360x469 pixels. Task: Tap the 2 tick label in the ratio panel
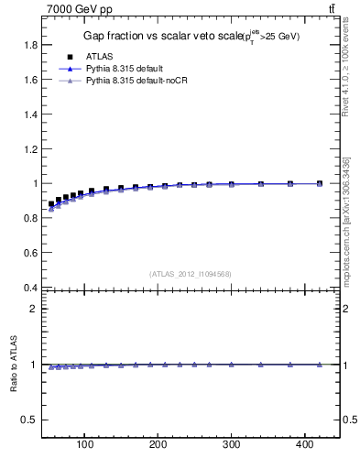click(x=33, y=309)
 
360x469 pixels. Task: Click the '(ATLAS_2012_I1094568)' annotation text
click(x=191, y=273)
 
